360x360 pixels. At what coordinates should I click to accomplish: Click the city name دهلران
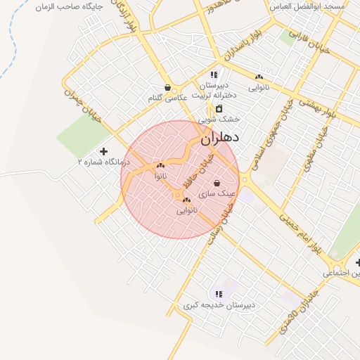220,138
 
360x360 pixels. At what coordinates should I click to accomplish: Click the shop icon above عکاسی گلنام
167,88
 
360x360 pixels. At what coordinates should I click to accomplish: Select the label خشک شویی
223,120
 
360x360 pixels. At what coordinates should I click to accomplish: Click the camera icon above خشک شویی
219,109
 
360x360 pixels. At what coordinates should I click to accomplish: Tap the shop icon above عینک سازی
216,183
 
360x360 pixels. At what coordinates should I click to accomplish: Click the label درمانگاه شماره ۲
103,162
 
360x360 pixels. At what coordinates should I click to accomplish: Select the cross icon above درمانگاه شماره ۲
104,151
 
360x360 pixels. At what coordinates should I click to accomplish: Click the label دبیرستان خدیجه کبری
219,305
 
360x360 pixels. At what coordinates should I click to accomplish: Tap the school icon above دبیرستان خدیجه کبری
219,294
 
